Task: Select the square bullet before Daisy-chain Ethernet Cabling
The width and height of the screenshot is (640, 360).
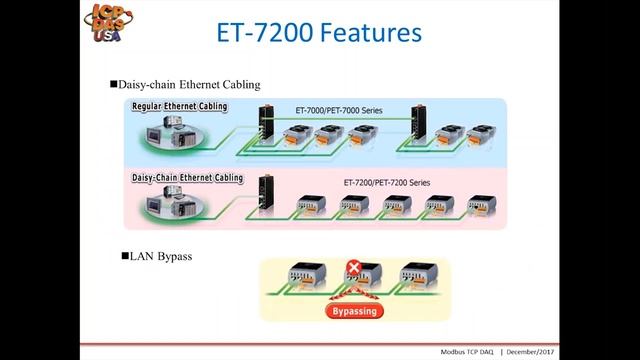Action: tap(113, 84)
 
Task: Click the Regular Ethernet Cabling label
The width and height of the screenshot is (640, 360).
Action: tap(179, 106)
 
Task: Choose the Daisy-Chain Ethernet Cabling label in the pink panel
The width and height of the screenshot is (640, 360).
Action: tap(187, 178)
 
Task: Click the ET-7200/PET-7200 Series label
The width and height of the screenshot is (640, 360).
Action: tap(387, 183)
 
